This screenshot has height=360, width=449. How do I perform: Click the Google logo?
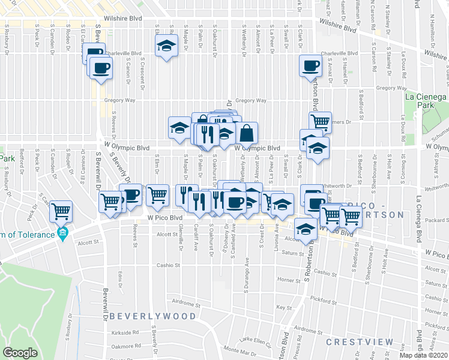tap(20, 353)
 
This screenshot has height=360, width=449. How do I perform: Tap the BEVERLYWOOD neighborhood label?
tap(153, 316)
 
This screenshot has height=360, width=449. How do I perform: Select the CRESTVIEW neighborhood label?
tap(360, 342)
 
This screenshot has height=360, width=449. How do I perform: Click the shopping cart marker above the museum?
tap(61, 211)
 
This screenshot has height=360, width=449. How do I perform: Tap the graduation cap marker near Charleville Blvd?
tap(166, 46)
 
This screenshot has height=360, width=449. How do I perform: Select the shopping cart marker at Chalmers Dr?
tap(321, 122)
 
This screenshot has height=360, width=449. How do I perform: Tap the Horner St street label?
tap(289, 280)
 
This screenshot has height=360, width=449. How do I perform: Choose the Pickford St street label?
tap(324, 299)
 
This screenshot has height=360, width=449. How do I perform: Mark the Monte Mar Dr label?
tap(235, 349)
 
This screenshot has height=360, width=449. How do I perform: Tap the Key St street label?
tap(283, 307)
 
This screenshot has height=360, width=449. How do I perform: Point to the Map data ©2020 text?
tap(423, 355)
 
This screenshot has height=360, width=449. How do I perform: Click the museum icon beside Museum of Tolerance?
tap(61, 233)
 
